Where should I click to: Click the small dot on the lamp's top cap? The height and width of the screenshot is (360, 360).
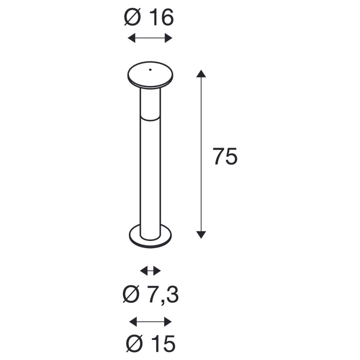click(150, 70)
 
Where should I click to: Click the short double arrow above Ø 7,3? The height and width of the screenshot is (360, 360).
click(151, 271)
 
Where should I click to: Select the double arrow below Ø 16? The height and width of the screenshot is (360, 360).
click(150, 38)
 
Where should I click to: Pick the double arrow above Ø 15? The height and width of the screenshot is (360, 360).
click(150, 322)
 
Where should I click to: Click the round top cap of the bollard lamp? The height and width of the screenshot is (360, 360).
click(150, 75)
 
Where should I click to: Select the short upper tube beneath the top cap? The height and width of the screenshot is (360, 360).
click(150, 100)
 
